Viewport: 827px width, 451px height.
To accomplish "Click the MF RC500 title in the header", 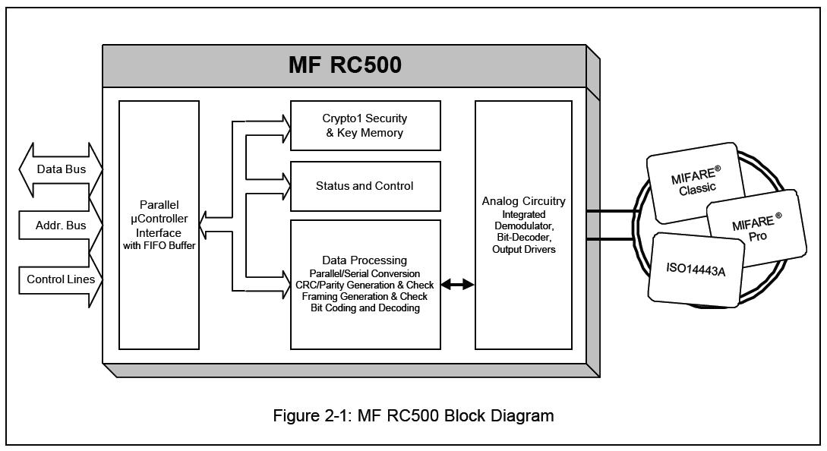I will [345, 65].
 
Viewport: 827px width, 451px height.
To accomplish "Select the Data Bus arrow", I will [62, 169].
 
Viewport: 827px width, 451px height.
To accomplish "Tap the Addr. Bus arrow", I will [61, 225].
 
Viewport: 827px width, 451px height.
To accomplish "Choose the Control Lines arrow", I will [61, 279].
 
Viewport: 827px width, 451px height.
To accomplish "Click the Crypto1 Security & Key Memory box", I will [365, 125].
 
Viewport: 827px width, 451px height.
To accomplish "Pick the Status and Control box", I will [365, 186].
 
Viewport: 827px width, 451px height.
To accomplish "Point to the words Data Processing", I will [365, 260].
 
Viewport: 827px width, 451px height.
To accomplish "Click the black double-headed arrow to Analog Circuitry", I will [458, 285].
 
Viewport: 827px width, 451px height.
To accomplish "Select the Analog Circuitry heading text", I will [523, 201].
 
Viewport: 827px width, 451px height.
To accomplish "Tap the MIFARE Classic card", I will [693, 183].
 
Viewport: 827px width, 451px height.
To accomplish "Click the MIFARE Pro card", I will [753, 229].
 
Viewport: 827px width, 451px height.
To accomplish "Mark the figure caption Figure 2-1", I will [414, 415].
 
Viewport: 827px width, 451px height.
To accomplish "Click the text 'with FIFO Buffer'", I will [159, 246].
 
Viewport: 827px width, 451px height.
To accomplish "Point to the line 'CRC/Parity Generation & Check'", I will [365, 285].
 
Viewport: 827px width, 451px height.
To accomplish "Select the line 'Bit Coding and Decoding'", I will [365, 308].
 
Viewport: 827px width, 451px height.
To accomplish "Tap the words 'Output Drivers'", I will [523, 250].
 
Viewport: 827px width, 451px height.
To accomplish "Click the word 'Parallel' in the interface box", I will [159, 206].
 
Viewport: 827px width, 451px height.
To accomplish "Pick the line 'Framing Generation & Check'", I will [365, 297].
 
